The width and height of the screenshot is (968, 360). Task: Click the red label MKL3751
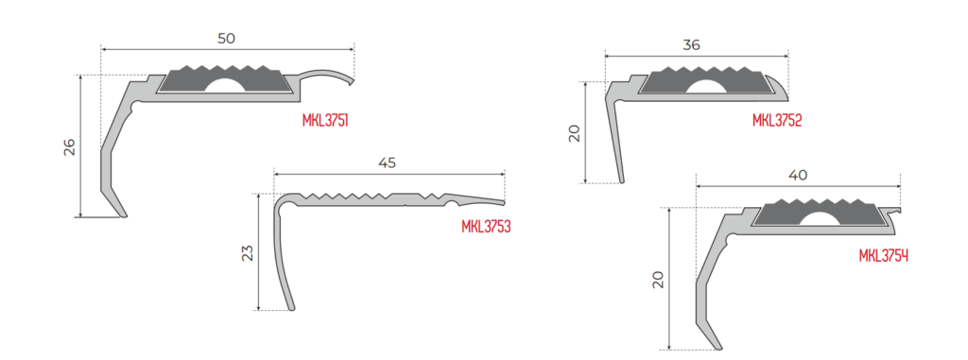tap(325, 120)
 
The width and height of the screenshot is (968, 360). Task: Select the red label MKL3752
tap(777, 120)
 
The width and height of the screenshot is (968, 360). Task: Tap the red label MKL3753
tap(487, 227)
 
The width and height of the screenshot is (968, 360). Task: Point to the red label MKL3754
tap(884, 256)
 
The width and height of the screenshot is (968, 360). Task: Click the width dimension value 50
tap(227, 39)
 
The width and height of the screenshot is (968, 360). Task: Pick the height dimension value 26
tap(69, 146)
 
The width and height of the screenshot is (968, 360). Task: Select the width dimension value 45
tap(387, 163)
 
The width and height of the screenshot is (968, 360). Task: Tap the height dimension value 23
tap(247, 252)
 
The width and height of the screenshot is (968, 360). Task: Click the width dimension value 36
tap(691, 45)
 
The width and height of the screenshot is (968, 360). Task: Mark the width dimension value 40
tap(798, 176)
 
